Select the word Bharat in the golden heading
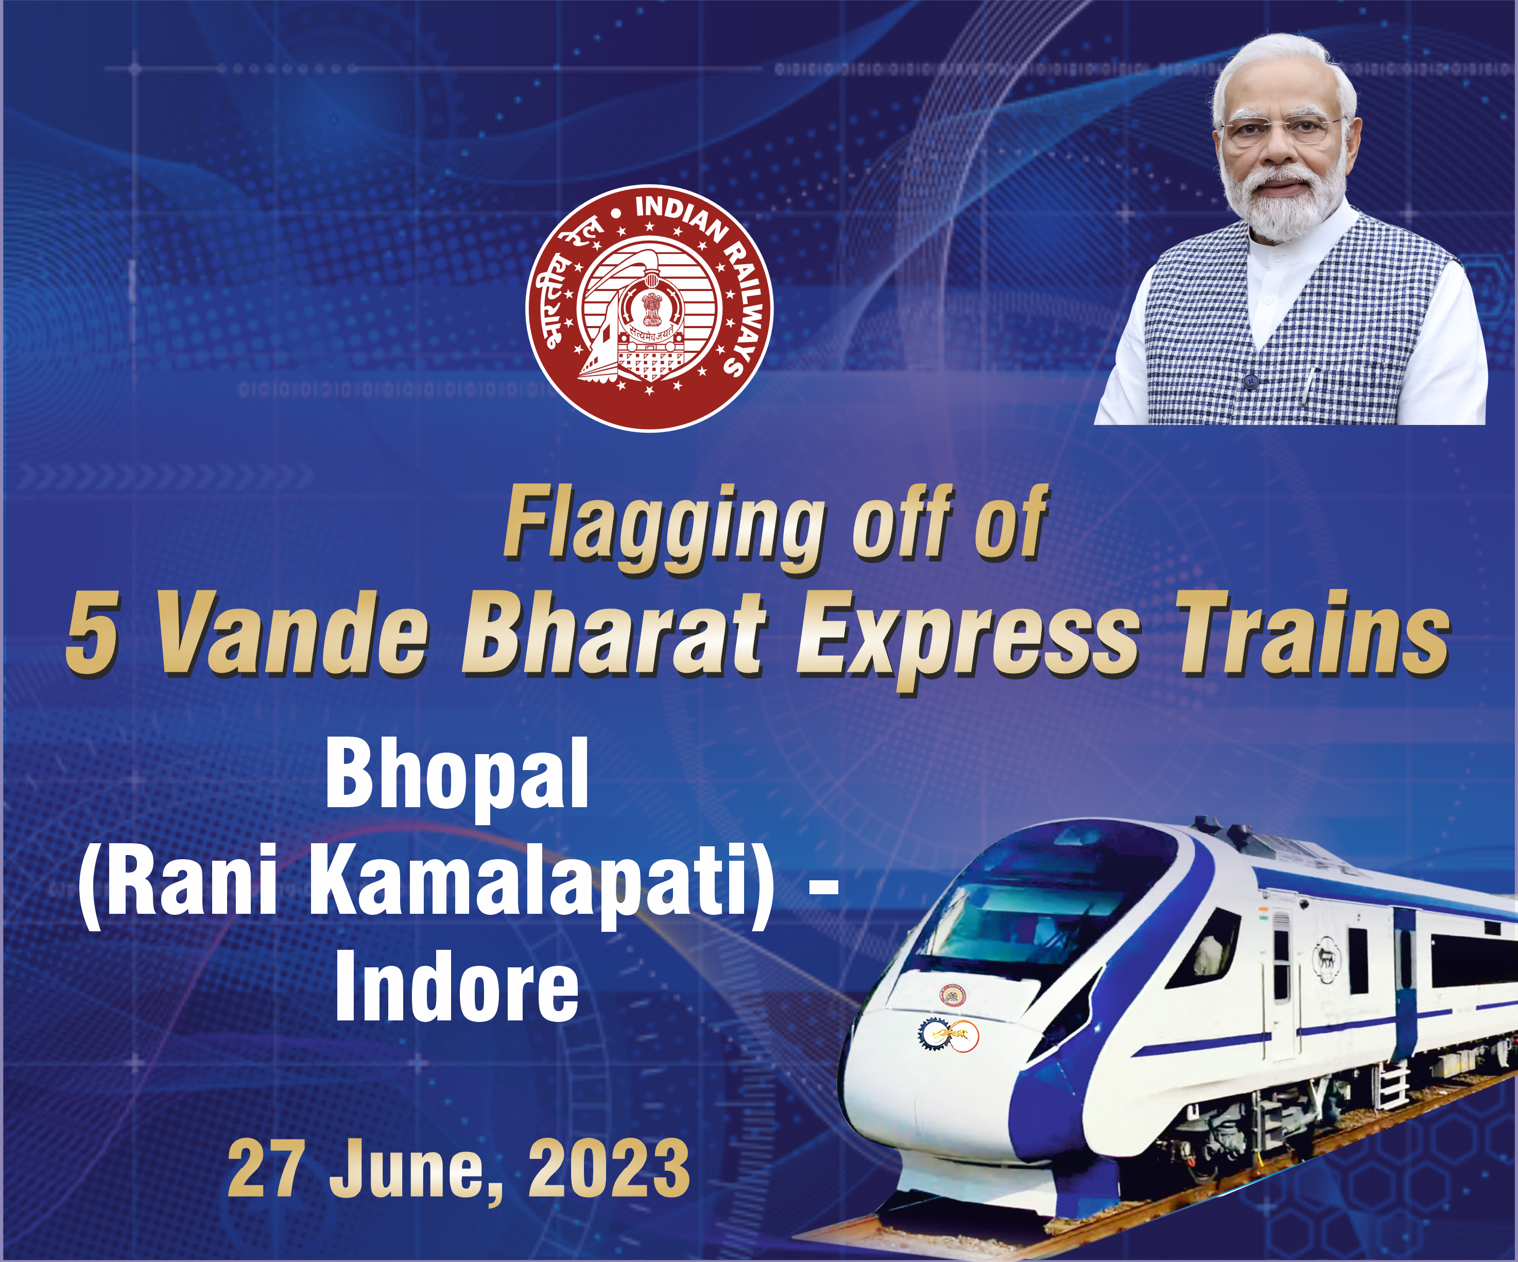[613, 635]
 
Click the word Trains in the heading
[1313, 635]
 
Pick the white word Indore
[457, 986]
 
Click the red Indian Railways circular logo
[649, 308]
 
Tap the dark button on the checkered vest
[1251, 381]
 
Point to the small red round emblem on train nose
[952, 995]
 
